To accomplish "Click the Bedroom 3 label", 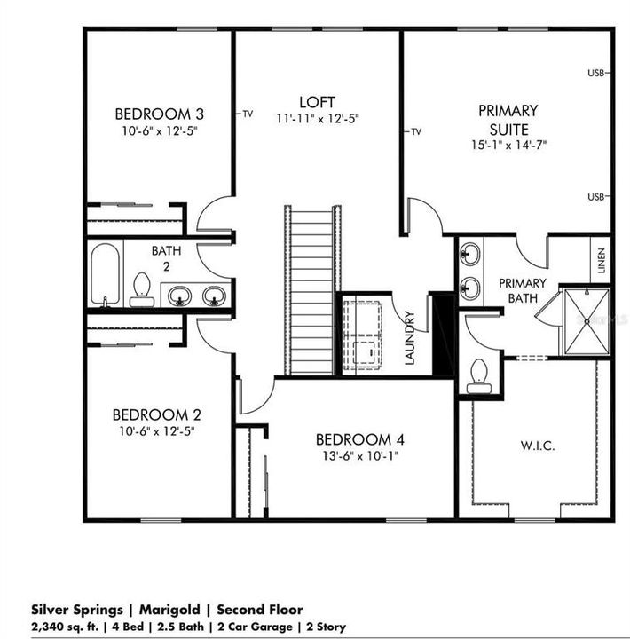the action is pyautogui.click(x=160, y=114).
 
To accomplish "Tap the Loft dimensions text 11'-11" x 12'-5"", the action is pyautogui.click(x=318, y=119).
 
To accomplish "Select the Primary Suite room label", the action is pyautogui.click(x=508, y=120).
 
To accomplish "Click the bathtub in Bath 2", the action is pyautogui.click(x=105, y=274).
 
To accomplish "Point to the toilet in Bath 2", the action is pyautogui.click(x=142, y=289).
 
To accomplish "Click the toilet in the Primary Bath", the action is pyautogui.click(x=479, y=376).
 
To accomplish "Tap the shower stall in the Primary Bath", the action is pyautogui.click(x=587, y=321).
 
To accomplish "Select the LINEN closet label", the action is pyautogui.click(x=601, y=261).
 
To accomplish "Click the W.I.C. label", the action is pyautogui.click(x=538, y=446).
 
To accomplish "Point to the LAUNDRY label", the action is pyautogui.click(x=410, y=338).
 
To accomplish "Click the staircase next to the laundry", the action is pyautogui.click(x=312, y=290).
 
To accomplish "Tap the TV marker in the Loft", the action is pyautogui.click(x=248, y=114).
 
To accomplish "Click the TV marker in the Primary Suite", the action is pyautogui.click(x=415, y=131).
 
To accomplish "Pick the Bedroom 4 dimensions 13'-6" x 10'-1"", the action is pyautogui.click(x=360, y=455).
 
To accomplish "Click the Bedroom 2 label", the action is pyautogui.click(x=157, y=414).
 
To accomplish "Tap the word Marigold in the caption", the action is pyautogui.click(x=169, y=610).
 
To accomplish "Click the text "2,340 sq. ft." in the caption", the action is pyautogui.click(x=65, y=627).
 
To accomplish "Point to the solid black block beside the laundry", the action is pyautogui.click(x=444, y=335).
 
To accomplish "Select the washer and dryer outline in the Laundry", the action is pyautogui.click(x=363, y=335).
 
